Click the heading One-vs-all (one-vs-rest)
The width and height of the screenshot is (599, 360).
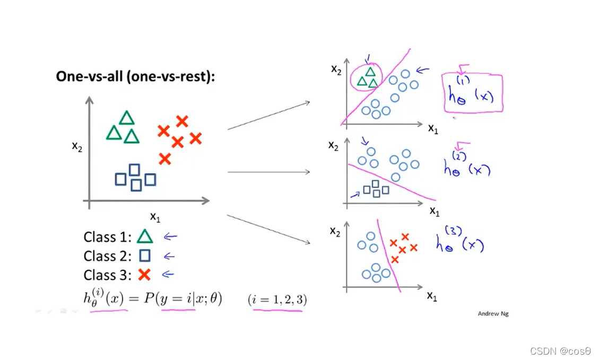[x=135, y=76]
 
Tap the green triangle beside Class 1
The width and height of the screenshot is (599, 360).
[x=145, y=236]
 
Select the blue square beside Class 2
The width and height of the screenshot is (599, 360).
[x=144, y=256]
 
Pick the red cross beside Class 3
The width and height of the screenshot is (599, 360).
[x=144, y=275]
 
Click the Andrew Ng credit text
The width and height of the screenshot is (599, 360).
[x=493, y=313]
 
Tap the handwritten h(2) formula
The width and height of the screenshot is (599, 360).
[x=467, y=166]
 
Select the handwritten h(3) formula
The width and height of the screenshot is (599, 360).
[x=459, y=241]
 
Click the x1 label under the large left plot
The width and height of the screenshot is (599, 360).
[x=155, y=216]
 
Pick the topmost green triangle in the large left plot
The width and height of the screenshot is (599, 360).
[x=126, y=118]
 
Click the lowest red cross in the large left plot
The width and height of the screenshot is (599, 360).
[x=165, y=159]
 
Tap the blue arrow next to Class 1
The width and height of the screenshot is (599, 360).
[x=170, y=237]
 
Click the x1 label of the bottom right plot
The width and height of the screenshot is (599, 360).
[x=432, y=296]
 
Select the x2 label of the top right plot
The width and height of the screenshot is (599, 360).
[x=336, y=69]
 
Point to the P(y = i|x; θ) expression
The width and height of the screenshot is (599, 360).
[x=181, y=299]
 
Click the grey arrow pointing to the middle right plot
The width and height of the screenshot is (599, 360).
[x=268, y=172]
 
